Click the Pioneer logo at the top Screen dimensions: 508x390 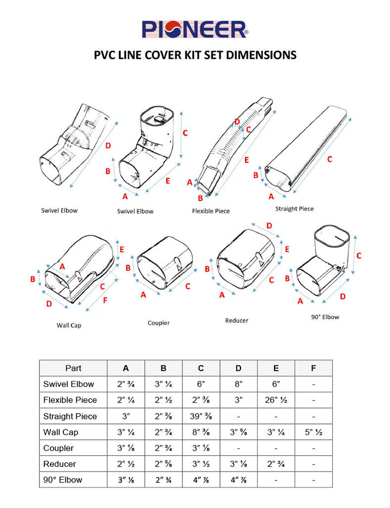[195, 29]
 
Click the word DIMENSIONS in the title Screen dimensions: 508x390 [259, 55]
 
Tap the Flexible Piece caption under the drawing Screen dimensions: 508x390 [211, 211]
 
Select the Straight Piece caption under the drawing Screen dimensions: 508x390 [294, 208]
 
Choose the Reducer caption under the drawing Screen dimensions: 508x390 [237, 321]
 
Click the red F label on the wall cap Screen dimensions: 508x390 [105, 300]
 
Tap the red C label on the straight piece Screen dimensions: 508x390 [329, 160]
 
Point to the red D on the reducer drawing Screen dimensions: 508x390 [269, 226]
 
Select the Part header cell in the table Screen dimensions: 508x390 [73, 368]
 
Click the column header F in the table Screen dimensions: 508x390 [314, 368]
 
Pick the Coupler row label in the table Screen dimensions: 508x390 [59, 448]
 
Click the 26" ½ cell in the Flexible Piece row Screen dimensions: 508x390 [276, 400]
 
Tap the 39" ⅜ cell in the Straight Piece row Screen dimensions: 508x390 [201, 416]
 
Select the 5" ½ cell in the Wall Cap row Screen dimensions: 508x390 [314, 433]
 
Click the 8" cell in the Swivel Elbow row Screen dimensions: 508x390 [238, 384]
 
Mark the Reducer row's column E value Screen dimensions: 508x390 [276, 464]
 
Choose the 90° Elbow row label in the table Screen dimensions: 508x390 [63, 480]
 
